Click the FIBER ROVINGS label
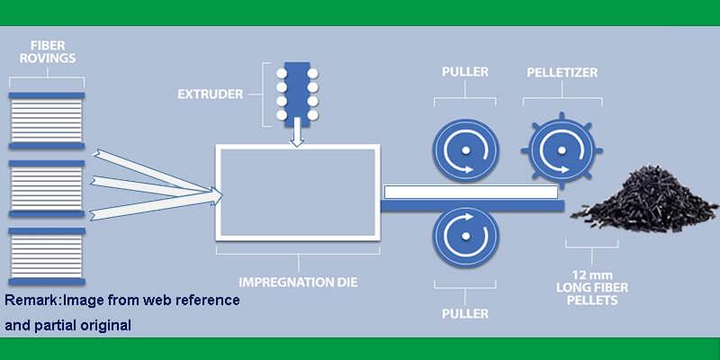(47, 52)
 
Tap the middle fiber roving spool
(47, 189)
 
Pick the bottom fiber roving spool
(47, 256)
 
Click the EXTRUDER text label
(211, 94)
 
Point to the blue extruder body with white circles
(297, 94)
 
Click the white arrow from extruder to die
(297, 132)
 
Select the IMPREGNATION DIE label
(298, 282)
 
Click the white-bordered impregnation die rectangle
(298, 193)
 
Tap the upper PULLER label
(465, 72)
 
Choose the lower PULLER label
(465, 314)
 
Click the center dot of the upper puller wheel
(465, 150)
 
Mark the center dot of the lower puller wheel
(465, 237)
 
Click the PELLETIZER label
(562, 73)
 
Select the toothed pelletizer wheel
(562, 149)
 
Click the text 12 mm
(591, 276)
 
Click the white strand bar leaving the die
(471, 192)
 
